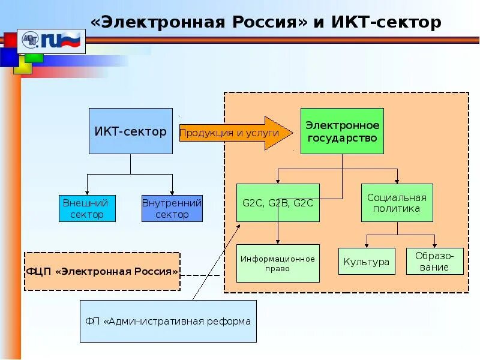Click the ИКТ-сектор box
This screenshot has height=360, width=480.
[130, 131]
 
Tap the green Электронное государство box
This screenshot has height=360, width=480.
[342, 131]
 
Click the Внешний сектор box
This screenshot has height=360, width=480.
[87, 208]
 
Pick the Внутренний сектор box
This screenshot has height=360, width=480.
[172, 208]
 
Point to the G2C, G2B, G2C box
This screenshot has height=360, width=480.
[277, 202]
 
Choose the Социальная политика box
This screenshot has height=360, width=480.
[397, 202]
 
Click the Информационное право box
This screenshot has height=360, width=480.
[278, 263]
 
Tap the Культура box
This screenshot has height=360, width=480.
[367, 261]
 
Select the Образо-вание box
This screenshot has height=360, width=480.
[434, 261]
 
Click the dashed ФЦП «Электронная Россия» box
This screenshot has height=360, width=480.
[102, 271]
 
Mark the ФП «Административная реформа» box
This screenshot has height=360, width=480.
[168, 321]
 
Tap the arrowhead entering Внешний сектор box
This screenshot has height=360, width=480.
[87, 191]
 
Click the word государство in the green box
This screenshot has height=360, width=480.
[342, 138]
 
